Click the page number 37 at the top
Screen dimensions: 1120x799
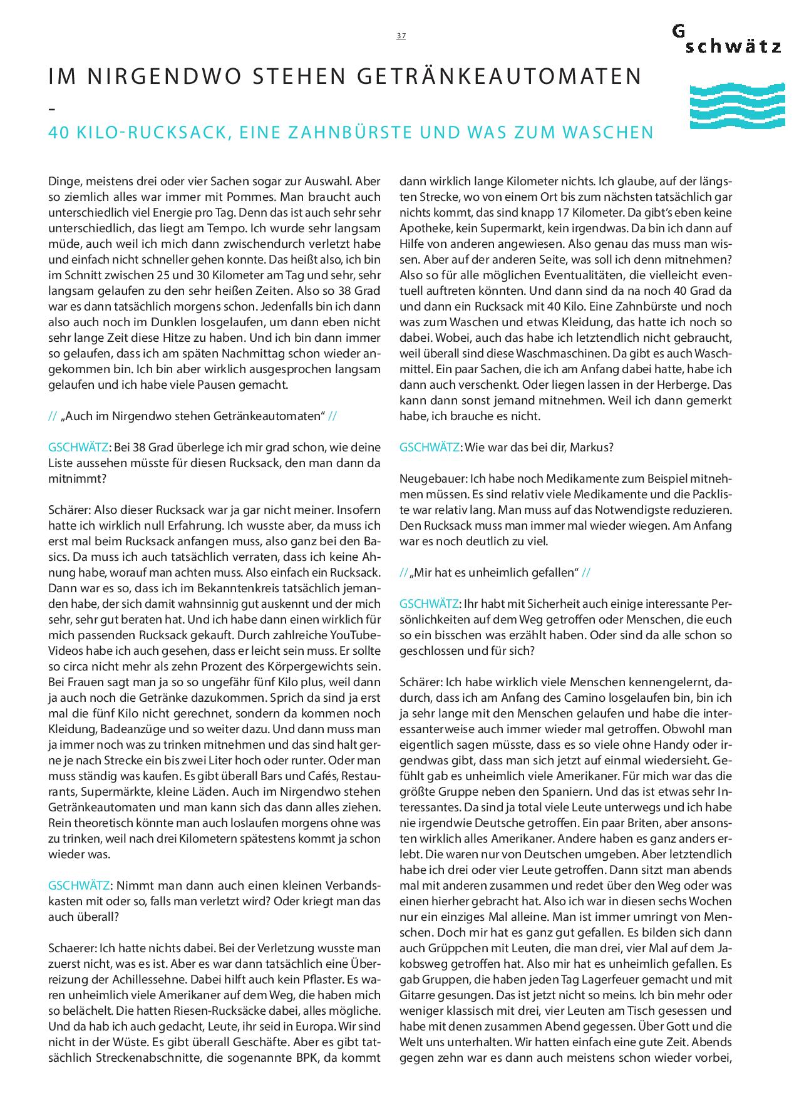[x=401, y=36]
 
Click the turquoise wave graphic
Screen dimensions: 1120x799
[x=736, y=106]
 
